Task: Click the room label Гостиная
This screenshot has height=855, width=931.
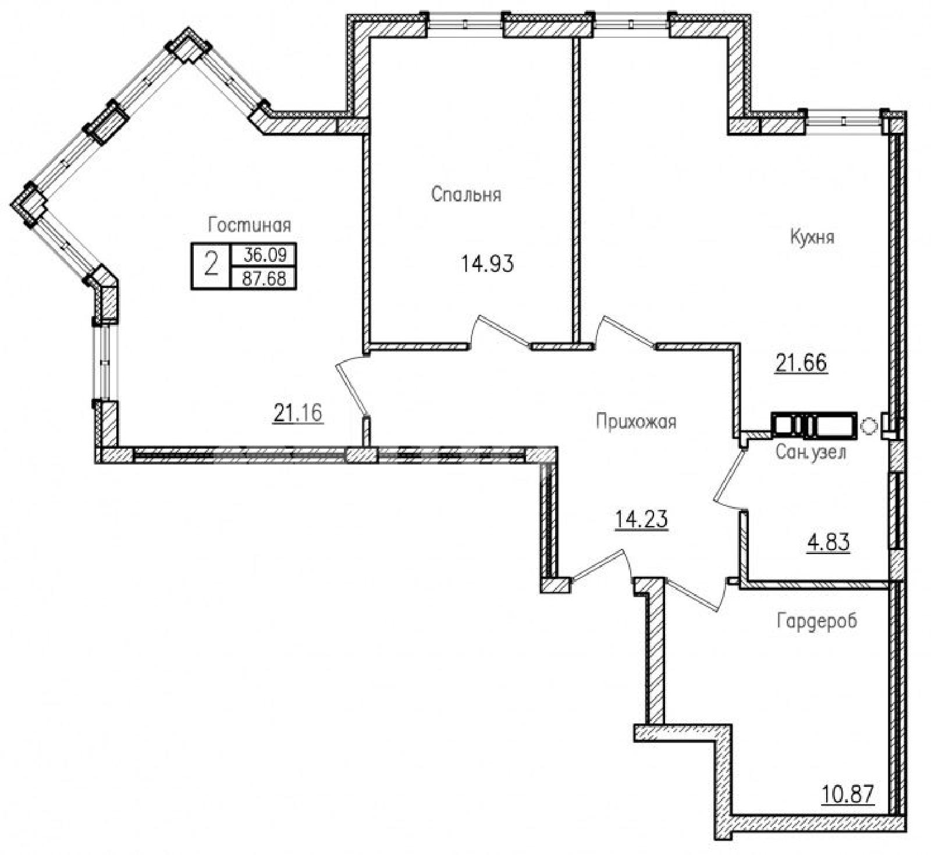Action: (249, 225)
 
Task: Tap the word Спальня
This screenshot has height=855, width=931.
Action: (466, 194)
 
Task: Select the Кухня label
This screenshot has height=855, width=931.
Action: (812, 237)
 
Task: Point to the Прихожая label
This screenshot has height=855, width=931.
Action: (636, 421)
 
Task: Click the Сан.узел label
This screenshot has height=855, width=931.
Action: (811, 452)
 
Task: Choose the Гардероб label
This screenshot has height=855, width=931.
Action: (817, 622)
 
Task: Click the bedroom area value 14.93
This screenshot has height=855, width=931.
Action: (488, 265)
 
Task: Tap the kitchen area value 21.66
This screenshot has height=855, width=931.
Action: (801, 363)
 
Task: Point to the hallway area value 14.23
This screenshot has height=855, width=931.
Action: (641, 519)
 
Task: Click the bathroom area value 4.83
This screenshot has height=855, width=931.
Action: (827, 542)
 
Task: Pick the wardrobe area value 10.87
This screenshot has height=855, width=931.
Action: (848, 793)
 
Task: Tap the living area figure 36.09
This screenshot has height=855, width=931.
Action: (264, 255)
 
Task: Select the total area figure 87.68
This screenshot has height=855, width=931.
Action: (264, 278)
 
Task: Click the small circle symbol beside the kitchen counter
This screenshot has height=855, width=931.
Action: (868, 426)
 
